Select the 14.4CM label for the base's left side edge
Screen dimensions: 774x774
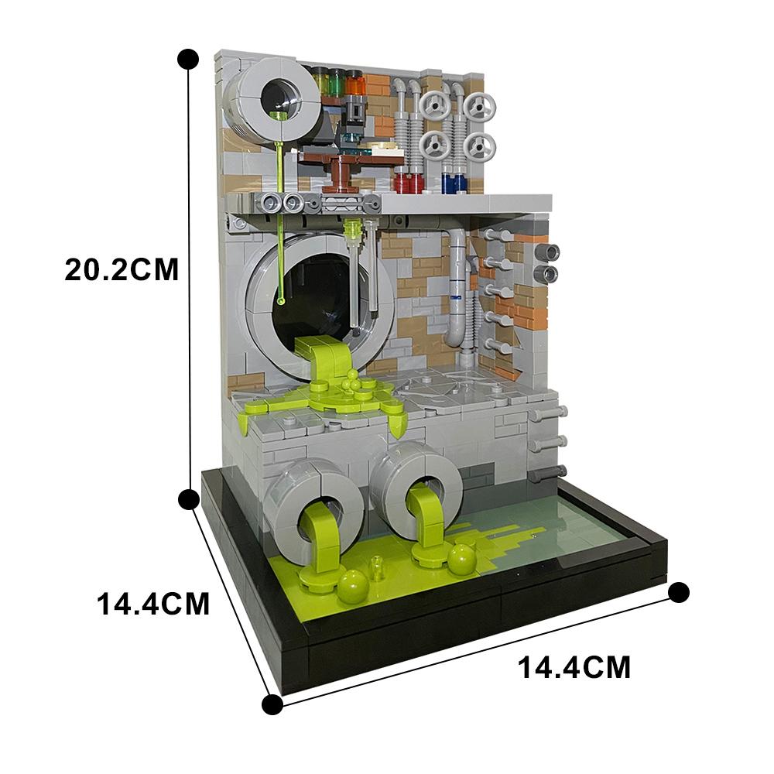(153, 603)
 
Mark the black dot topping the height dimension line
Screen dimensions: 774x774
(187, 58)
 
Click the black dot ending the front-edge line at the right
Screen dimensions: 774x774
(678, 593)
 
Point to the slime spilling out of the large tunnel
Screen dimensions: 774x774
(323, 364)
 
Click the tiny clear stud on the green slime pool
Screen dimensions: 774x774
(378, 573)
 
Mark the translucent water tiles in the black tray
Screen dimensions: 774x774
(565, 526)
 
